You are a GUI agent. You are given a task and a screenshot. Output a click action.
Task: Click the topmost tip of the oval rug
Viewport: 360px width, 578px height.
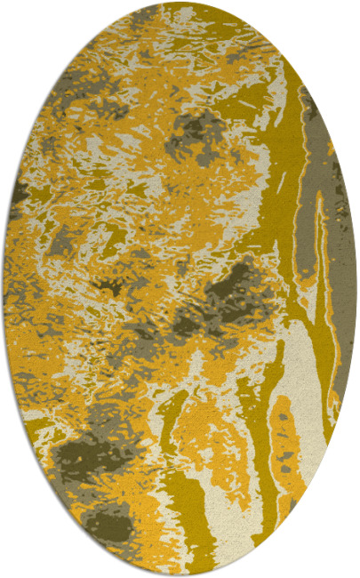click(180, 3)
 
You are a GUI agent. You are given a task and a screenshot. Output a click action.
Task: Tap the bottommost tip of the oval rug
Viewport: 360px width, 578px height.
click(180, 575)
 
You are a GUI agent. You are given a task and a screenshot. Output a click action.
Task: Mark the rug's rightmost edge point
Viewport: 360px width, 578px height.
click(356, 289)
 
